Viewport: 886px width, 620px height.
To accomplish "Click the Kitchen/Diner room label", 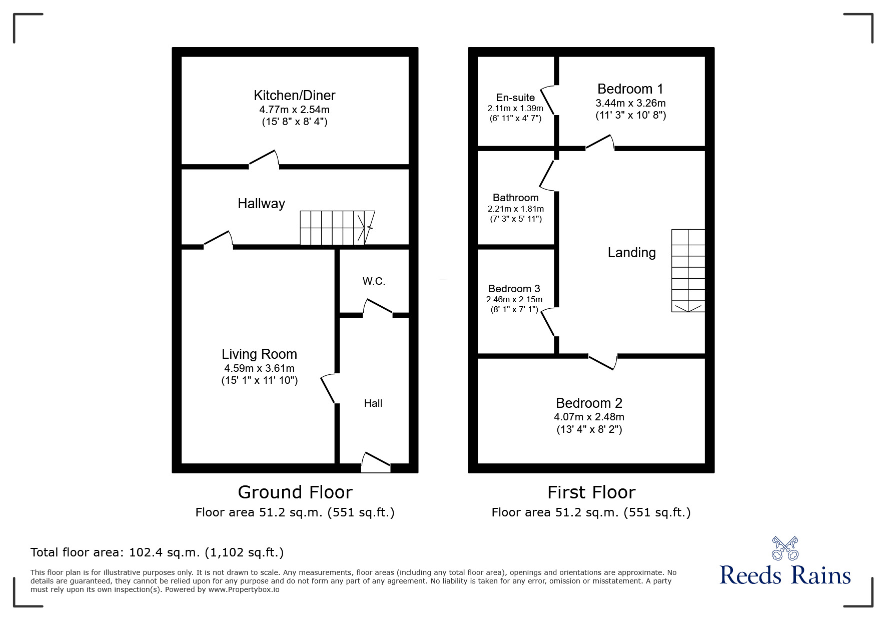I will [294, 95].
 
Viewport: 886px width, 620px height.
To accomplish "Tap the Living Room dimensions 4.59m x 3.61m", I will [259, 368].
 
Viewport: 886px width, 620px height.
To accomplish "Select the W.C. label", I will [374, 281].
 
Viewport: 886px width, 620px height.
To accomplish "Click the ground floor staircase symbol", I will [337, 228].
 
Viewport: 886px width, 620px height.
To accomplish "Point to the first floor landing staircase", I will [688, 270].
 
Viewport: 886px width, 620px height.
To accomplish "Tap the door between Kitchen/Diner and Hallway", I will [264, 158].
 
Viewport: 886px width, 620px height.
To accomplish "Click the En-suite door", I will [547, 100].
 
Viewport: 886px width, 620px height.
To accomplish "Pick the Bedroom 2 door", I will [602, 362].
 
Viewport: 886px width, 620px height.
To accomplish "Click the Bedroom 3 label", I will [514, 289].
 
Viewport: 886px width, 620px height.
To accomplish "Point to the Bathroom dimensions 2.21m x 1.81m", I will [515, 209].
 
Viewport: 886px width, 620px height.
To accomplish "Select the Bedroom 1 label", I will [630, 89].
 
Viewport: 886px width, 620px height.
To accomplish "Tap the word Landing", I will [631, 253].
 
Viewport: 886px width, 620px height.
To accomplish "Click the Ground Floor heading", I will [295, 492].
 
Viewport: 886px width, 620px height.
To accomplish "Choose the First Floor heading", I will [591, 492].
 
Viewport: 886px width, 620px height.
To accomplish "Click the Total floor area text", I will [157, 552].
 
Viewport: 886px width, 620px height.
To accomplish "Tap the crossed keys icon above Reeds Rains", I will [785, 548].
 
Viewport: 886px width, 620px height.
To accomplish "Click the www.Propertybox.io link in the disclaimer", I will [244, 589].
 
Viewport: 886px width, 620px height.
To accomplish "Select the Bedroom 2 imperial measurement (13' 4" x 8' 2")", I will [589, 429].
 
